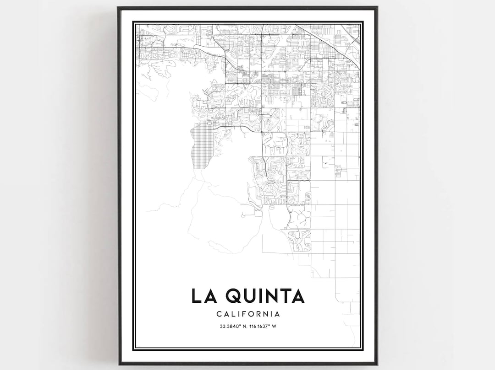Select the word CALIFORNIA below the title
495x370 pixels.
pos(248,314)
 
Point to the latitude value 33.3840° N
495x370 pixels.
pos(233,326)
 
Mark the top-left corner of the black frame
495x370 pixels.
pos(118,7)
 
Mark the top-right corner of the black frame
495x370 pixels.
pos(377,7)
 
